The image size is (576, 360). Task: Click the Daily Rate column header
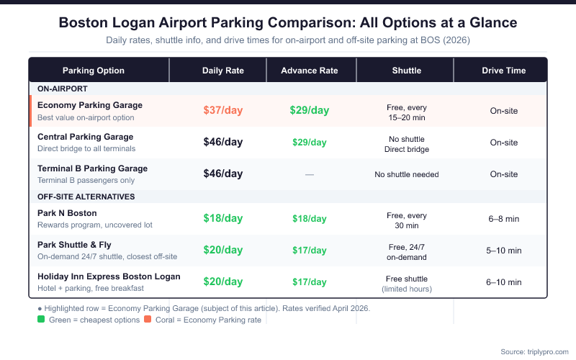click(x=222, y=71)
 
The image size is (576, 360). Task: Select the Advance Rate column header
click(x=309, y=71)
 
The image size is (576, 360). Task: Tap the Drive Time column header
click(x=503, y=71)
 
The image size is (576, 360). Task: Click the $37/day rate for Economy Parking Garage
click(x=222, y=110)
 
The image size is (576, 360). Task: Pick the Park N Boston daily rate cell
click(x=222, y=218)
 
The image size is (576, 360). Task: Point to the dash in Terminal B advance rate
click(x=309, y=174)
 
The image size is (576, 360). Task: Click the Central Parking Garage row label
click(x=85, y=137)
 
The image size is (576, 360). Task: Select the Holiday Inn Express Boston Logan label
click(x=109, y=276)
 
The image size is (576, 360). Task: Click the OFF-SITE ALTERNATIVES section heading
click(x=86, y=197)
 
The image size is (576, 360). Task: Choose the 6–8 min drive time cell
click(x=503, y=219)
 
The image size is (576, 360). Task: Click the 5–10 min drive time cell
click(x=503, y=251)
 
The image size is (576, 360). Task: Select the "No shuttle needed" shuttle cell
click(x=406, y=174)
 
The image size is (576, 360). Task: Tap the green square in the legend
click(x=42, y=320)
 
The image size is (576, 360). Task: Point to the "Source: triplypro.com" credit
click(x=532, y=351)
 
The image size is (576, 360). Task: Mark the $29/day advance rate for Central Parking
click(x=309, y=143)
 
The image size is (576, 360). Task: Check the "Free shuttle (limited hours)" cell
click(x=406, y=282)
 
